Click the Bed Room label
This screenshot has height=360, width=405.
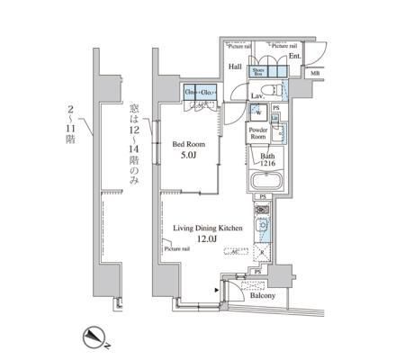coord(191,142)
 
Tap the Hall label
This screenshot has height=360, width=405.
coord(234,66)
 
